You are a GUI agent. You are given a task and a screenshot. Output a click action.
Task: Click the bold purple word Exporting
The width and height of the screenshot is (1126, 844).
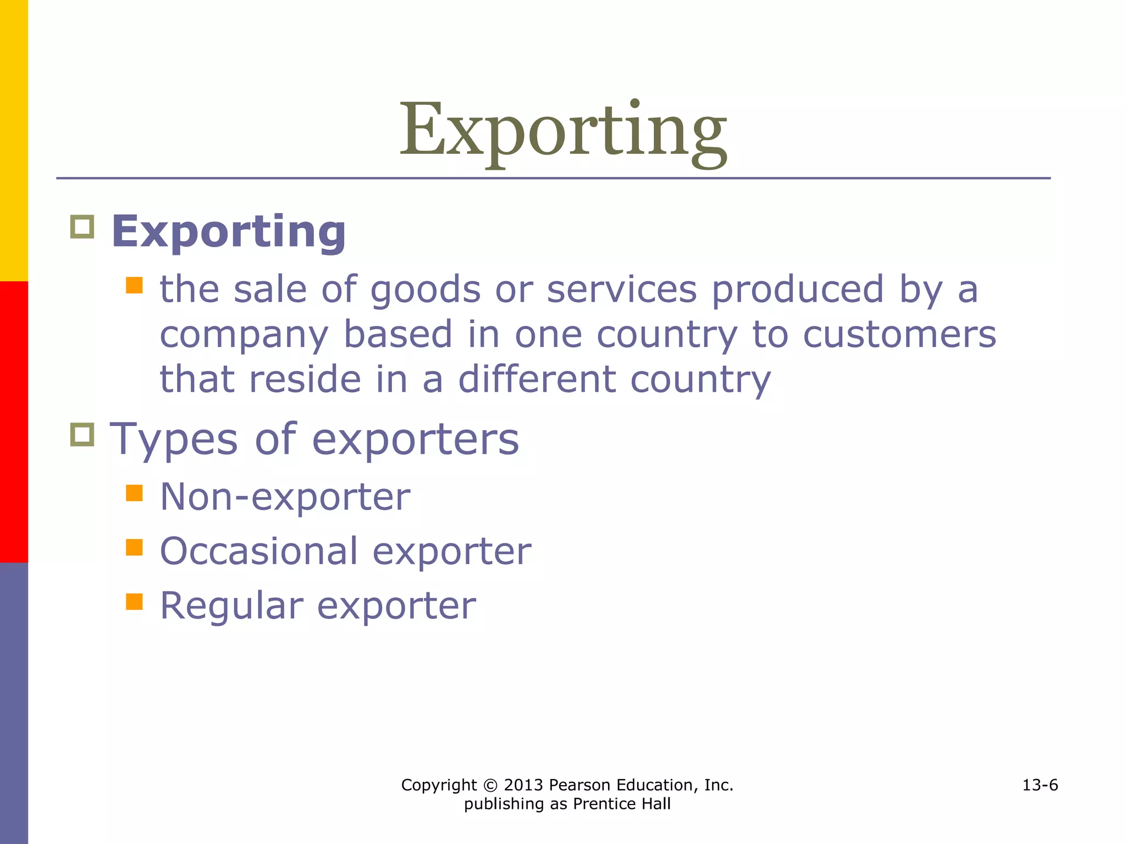tap(229, 232)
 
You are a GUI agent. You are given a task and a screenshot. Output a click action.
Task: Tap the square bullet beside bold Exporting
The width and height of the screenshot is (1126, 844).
tap(82, 226)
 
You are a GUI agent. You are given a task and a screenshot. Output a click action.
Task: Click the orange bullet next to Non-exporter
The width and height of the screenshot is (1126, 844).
tap(134, 493)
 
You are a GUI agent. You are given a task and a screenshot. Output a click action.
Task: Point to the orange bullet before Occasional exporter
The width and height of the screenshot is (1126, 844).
tap(134, 547)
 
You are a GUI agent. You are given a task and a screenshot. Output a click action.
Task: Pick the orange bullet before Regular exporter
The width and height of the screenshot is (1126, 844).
tap(134, 602)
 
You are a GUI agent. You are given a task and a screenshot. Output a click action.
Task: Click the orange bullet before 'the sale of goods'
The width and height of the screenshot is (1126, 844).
tap(134, 285)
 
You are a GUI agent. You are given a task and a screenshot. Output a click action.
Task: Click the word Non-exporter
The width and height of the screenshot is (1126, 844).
tap(285, 497)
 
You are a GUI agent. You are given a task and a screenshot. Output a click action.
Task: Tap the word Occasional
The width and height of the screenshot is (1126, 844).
tap(259, 551)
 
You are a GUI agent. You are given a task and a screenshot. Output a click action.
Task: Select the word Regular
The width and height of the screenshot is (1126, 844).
tap(231, 606)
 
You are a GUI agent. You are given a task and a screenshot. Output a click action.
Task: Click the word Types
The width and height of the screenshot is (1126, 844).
tap(174, 440)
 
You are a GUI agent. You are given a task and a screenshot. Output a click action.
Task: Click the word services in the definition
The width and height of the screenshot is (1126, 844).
tap(622, 290)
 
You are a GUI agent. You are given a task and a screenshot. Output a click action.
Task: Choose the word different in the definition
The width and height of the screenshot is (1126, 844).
tap(537, 379)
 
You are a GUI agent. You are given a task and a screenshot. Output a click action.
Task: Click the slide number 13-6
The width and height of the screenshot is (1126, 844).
tap(1040, 785)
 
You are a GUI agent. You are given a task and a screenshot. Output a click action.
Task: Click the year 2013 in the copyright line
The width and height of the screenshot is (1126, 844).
tap(523, 785)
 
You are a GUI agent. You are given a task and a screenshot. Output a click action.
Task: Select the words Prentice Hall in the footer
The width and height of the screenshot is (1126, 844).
tap(622, 804)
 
